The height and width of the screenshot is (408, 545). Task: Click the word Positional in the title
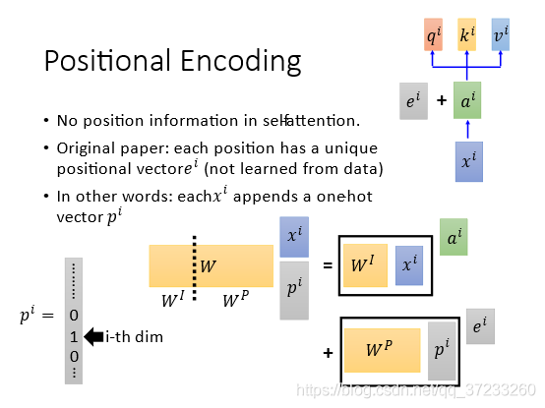(107, 60)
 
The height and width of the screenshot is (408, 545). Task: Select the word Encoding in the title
(240, 62)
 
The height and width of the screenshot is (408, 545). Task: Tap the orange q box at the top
(433, 34)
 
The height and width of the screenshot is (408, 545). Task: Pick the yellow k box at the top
(467, 34)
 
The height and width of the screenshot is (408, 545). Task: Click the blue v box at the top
(501, 34)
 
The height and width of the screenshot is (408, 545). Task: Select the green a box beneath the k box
(467, 100)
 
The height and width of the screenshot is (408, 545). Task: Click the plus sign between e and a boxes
(442, 100)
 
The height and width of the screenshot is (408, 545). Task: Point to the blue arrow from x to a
(467, 129)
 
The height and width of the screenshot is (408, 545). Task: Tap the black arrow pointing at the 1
(93, 337)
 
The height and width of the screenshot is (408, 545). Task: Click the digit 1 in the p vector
(74, 337)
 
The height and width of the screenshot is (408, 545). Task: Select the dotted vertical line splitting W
(195, 268)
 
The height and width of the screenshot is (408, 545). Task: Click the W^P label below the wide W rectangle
(236, 299)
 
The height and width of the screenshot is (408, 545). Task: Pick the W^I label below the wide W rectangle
(173, 299)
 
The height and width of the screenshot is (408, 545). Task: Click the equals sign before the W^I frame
(328, 266)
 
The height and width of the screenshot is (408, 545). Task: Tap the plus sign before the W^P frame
(328, 353)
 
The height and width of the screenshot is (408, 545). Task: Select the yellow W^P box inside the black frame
(382, 350)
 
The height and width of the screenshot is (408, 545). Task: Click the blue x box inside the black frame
(409, 265)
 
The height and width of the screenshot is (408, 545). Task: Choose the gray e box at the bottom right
(480, 326)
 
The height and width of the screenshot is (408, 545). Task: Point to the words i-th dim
(134, 337)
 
